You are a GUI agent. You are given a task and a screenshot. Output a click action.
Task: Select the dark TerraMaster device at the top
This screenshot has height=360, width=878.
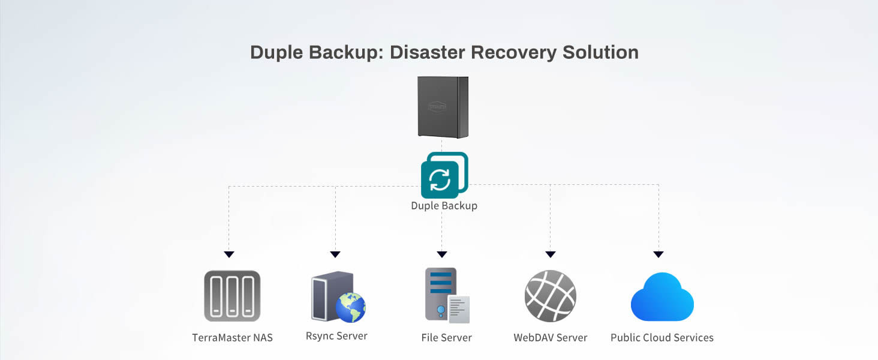(x=443, y=107)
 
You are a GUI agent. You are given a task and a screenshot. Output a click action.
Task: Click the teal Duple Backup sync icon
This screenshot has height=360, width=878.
(x=444, y=175)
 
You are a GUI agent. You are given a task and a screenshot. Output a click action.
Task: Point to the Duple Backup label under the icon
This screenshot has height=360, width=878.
(x=444, y=206)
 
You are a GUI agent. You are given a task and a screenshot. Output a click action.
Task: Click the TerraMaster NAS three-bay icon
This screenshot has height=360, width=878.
(x=232, y=296)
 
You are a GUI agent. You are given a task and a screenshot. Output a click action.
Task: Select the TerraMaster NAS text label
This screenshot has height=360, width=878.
(x=232, y=338)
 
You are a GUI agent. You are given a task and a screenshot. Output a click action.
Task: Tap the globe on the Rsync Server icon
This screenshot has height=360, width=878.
(x=350, y=307)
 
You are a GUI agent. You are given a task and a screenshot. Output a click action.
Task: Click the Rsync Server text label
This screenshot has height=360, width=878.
(x=336, y=336)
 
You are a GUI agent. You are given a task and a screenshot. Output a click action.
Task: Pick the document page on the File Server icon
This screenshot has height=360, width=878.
(x=459, y=309)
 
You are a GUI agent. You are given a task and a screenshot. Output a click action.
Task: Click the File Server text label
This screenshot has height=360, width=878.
(x=446, y=338)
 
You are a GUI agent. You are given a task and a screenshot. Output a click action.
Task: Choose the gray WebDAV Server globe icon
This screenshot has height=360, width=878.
(x=550, y=296)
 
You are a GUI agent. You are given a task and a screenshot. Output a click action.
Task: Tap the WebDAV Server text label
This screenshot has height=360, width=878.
(x=550, y=338)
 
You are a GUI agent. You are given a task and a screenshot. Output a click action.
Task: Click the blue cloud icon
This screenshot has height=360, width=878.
(x=662, y=298)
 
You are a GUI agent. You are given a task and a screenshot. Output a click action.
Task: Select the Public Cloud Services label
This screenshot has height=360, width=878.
(x=662, y=338)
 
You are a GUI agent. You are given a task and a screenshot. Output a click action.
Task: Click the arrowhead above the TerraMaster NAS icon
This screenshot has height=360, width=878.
(x=228, y=254)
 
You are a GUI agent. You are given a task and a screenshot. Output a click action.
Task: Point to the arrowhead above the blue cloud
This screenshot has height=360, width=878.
(x=659, y=254)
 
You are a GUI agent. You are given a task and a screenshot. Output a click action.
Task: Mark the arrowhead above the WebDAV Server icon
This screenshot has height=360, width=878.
(x=551, y=254)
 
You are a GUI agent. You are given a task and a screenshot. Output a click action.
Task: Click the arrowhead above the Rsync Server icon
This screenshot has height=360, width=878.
(x=335, y=254)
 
